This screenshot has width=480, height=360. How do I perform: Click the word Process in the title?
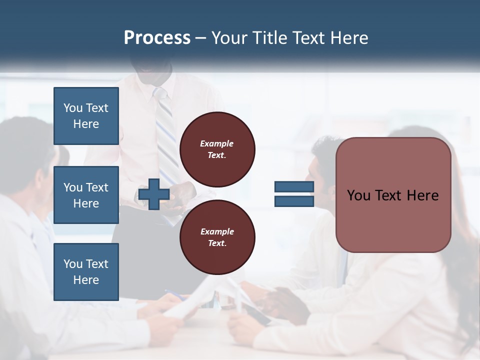[157, 38]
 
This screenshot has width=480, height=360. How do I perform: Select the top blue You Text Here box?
[86, 116]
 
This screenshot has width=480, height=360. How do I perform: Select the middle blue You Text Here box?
[86, 195]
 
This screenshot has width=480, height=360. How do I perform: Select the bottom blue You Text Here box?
[86, 272]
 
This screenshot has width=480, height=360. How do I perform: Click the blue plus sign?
[154, 194]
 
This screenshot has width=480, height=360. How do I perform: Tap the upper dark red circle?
[217, 149]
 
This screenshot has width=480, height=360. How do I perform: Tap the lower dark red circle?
[217, 237]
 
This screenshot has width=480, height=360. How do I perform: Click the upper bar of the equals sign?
[294, 187]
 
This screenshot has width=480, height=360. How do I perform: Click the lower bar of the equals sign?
[294, 201]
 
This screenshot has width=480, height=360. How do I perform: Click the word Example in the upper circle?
[217, 143]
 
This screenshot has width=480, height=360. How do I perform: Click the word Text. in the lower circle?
[217, 243]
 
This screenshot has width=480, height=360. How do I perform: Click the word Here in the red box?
[422, 195]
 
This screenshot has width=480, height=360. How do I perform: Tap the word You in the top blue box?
[73, 108]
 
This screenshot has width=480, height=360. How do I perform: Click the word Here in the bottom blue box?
[86, 280]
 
